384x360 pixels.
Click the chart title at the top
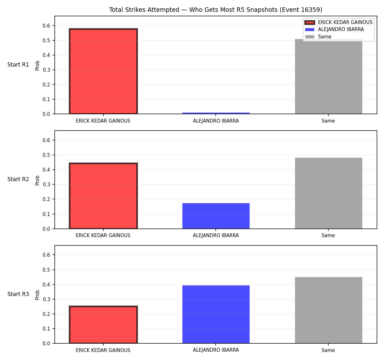click(215, 10)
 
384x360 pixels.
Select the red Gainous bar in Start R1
click(103, 71)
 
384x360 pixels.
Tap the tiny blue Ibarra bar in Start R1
click(216, 113)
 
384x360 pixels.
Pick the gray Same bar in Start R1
click(328, 76)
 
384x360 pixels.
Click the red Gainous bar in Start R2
click(103, 196)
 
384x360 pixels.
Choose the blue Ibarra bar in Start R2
click(216, 216)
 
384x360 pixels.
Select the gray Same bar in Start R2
click(328, 193)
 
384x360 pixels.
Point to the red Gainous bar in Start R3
click(103, 325)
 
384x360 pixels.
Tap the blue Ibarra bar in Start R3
click(216, 314)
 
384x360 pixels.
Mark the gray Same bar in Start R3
click(328, 310)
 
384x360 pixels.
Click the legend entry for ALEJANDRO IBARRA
click(334, 29)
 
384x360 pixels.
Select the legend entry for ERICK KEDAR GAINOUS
click(338, 22)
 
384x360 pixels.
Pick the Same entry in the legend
click(318, 36)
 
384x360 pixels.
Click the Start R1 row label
click(18, 65)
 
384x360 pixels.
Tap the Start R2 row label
click(18, 179)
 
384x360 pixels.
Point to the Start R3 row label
click(18, 294)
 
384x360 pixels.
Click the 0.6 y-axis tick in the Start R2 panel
click(46, 140)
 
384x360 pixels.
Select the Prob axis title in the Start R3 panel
click(37, 295)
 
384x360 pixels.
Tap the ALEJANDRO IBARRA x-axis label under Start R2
click(216, 236)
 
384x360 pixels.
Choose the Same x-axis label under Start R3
click(328, 350)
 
